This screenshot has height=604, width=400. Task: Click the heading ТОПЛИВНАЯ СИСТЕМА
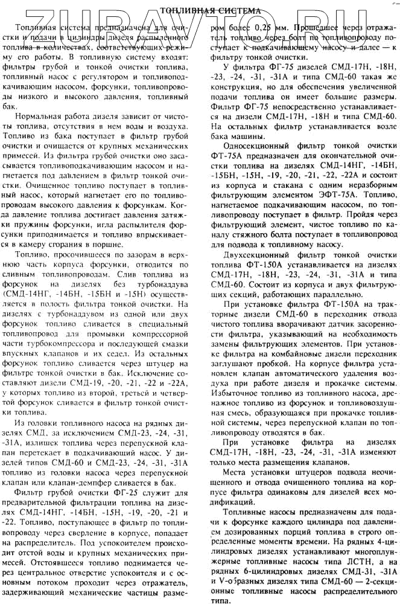[210, 10]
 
